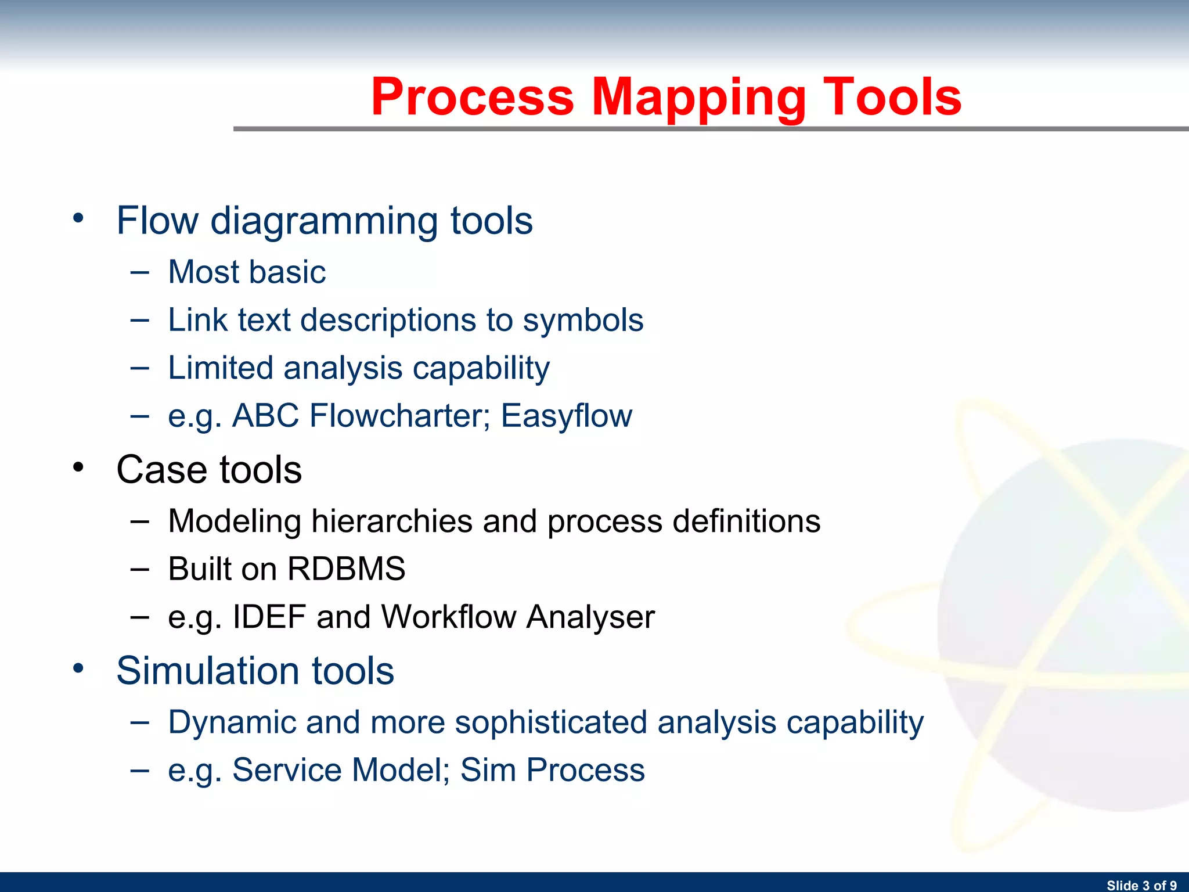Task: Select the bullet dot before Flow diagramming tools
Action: [x=78, y=219]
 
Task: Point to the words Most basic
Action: [x=247, y=272]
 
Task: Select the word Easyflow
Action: [x=566, y=416]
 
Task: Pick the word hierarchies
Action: [x=392, y=521]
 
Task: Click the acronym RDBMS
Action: [x=346, y=569]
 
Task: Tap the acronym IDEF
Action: [x=269, y=616]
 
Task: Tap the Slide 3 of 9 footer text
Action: [x=1141, y=885]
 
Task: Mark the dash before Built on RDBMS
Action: [x=139, y=569]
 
